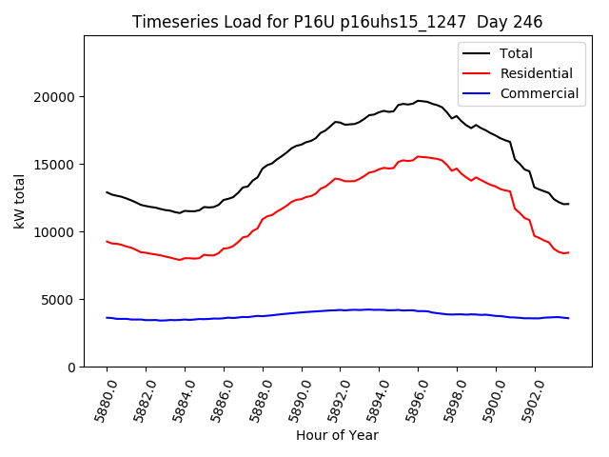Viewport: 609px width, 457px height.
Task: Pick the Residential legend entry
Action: [x=537, y=73]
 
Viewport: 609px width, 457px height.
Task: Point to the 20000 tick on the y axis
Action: [x=55, y=97]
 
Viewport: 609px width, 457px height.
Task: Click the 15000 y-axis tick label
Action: [x=55, y=165]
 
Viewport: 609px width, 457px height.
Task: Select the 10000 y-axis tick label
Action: [x=55, y=232]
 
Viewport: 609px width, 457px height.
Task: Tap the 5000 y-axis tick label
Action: [x=59, y=300]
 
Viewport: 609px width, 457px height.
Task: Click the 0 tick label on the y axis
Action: [x=71, y=368]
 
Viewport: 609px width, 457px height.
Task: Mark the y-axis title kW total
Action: [x=20, y=202]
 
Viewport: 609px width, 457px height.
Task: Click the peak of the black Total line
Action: [x=419, y=100]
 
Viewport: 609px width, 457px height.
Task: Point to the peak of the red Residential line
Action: [x=419, y=156]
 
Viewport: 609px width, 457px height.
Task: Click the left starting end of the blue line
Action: [x=107, y=318]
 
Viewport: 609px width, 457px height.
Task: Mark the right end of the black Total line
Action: [x=568, y=204]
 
